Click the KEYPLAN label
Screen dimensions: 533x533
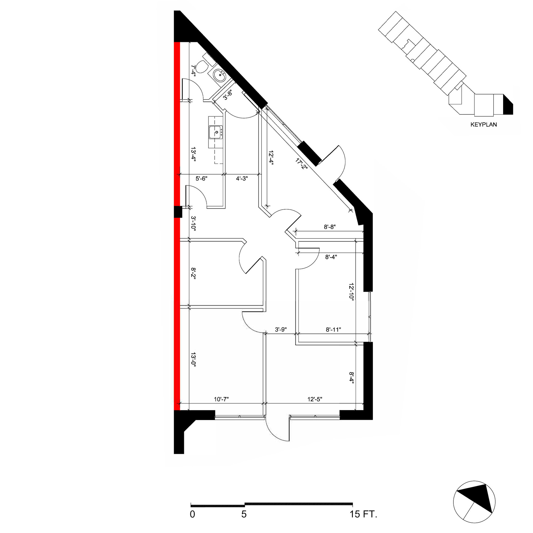484,124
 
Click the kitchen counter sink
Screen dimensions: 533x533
216,132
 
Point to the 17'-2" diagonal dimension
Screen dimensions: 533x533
301,164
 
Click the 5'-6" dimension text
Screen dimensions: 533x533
201,179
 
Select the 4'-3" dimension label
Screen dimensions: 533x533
242,179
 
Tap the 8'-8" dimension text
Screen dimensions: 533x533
330,227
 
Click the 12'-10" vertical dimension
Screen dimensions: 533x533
351,292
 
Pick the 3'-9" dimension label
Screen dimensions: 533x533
281,329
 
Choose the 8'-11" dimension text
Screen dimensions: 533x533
333,329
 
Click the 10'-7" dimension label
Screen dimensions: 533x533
221,399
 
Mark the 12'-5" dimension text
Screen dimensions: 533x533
315,399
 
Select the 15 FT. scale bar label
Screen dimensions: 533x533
363,514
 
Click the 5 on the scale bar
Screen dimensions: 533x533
244,514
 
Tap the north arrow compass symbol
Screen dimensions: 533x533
474,502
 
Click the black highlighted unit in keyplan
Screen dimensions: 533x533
508,105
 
